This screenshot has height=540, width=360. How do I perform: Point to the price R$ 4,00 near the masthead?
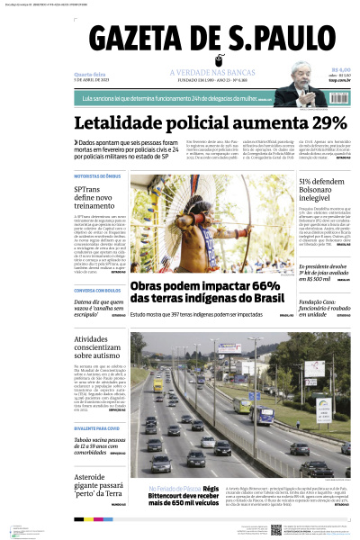(340, 69)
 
